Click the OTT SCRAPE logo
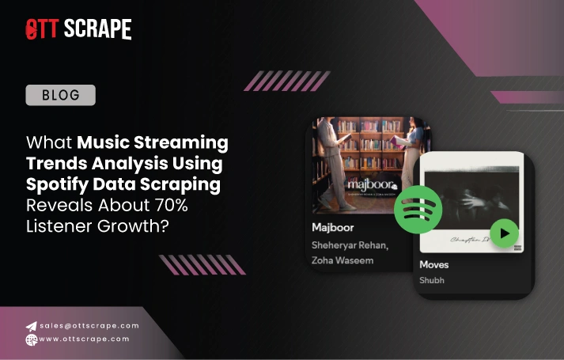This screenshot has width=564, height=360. click(x=78, y=29)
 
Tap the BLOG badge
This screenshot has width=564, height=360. click(x=60, y=96)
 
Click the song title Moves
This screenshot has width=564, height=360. click(x=434, y=263)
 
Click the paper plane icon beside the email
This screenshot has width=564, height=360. click(x=31, y=326)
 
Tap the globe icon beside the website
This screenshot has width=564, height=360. click(x=31, y=339)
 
